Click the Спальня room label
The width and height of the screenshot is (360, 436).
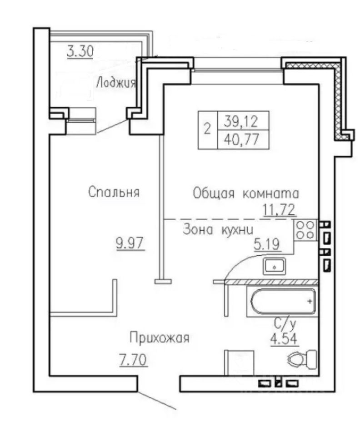pyautogui.click(x=114, y=192)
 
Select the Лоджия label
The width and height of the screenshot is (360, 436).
pyautogui.click(x=115, y=83)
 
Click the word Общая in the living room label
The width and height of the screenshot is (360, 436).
pyautogui.click(x=213, y=193)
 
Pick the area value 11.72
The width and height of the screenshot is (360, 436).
pyautogui.click(x=279, y=210)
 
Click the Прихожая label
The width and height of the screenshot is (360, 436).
pyautogui.click(x=159, y=338)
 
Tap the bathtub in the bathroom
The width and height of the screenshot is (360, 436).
pyautogui.click(x=281, y=301)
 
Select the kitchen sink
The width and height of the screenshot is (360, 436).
pyautogui.click(x=274, y=265)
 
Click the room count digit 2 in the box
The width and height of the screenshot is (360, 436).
pyautogui.click(x=207, y=129)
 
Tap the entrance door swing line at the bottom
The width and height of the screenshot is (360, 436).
pyautogui.click(x=157, y=400)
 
